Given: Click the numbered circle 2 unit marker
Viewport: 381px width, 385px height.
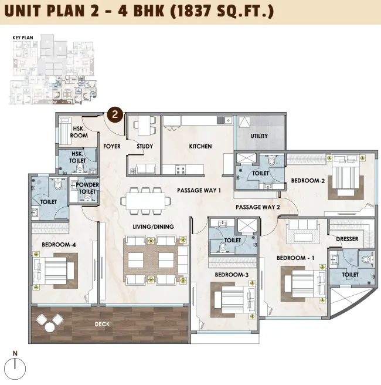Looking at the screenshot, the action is (115, 114).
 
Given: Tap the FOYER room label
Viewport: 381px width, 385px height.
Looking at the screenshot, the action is (112, 146).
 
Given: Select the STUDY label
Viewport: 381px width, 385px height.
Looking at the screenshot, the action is (145, 146).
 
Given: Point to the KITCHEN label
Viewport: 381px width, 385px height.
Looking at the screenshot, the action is (200, 146).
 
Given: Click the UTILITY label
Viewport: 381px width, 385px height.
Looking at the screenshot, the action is (259, 136).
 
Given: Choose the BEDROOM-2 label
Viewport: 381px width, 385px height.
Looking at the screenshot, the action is (308, 181).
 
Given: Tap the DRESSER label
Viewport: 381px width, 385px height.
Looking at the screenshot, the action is (347, 239).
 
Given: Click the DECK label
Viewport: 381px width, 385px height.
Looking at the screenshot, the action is (102, 324).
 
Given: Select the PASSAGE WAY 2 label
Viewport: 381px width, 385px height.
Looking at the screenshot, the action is (258, 207).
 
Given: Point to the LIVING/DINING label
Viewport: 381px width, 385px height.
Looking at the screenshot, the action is (153, 227).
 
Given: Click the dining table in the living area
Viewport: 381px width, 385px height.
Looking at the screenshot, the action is (145, 201).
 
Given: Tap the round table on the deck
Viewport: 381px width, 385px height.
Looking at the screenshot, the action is (50, 327).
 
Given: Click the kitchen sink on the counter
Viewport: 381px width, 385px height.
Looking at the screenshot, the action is (225, 120).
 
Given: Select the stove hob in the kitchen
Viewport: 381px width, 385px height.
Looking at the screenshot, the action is (181, 169).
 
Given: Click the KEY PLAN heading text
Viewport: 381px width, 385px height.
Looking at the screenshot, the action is (23, 38).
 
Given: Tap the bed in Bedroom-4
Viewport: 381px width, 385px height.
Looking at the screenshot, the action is (53, 271).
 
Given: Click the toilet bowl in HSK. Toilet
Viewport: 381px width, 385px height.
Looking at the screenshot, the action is (80, 168).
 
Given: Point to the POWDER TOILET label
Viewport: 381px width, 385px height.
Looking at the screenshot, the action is (87, 188).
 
